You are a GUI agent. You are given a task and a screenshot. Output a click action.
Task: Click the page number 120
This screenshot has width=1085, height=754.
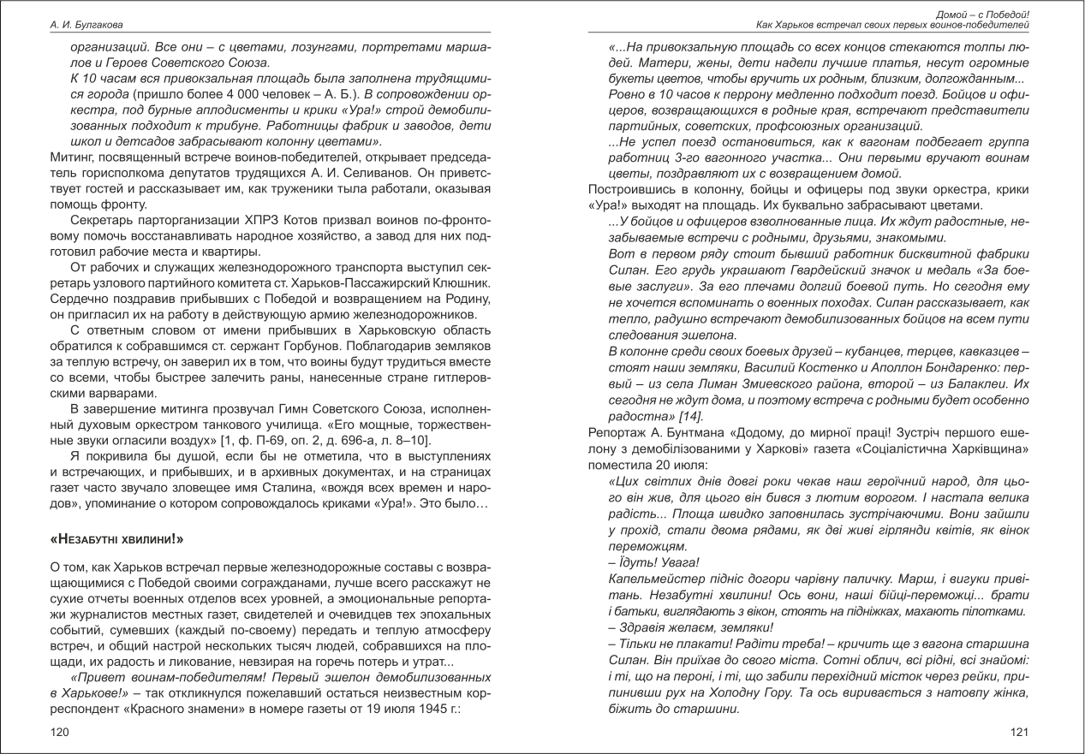click(60, 732)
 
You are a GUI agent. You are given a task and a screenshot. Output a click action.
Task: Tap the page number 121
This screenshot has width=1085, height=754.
click(1019, 732)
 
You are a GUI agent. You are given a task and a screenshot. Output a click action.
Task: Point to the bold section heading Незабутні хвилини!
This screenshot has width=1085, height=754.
click(117, 540)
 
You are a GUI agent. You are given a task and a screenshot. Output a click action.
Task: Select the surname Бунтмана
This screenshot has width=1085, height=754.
click(689, 432)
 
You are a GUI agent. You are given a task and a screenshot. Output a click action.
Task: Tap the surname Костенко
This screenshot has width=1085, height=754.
click(814, 367)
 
